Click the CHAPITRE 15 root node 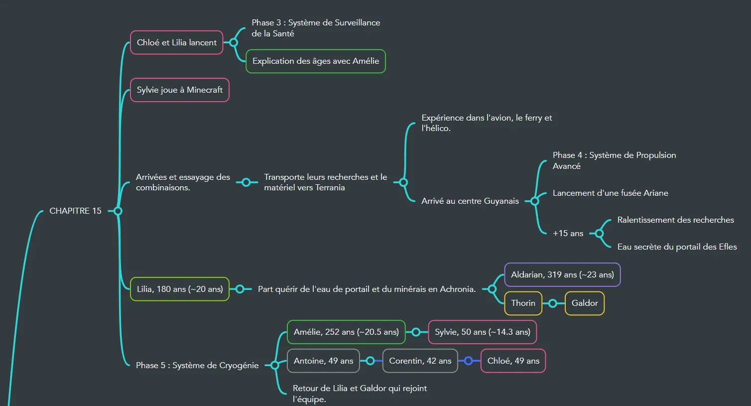pos(75,211)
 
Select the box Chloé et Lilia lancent pos(176,43)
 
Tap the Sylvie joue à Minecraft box pos(179,90)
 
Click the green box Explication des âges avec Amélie pos(315,61)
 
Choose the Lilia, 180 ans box pos(179,289)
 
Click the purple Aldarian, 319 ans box pos(562,275)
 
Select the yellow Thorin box pos(523,303)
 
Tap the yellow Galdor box pos(584,303)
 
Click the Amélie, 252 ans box pos(346,332)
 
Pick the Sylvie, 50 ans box pos(482,332)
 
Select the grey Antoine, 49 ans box pos(323,361)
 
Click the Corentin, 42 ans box pos(420,361)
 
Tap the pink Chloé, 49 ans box pos(513,361)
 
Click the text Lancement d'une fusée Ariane pos(610,193)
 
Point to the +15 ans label pos(568,234)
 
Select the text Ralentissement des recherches pos(675,220)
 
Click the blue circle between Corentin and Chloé pos(469,361)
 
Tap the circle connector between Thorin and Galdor pos(553,303)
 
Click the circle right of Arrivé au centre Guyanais pos(535,201)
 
